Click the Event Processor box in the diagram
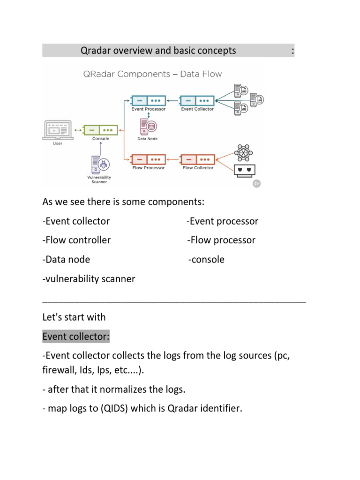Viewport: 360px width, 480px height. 148,101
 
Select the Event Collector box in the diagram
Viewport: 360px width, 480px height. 197,101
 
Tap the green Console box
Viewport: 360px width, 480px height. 100,130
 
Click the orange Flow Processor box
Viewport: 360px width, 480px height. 148,160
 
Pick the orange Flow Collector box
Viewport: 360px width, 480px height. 197,160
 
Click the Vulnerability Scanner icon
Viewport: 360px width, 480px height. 99,164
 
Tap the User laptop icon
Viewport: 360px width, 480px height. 57,130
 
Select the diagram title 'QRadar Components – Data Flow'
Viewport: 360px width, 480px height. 152,74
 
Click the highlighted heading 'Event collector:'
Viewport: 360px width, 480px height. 75,336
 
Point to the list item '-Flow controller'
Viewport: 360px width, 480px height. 76,240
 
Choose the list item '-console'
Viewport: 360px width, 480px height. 206,260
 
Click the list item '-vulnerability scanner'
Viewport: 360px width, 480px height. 89,279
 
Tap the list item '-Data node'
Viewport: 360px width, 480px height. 66,260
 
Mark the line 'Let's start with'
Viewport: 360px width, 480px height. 74,317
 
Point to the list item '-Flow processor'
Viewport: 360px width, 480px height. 221,240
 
